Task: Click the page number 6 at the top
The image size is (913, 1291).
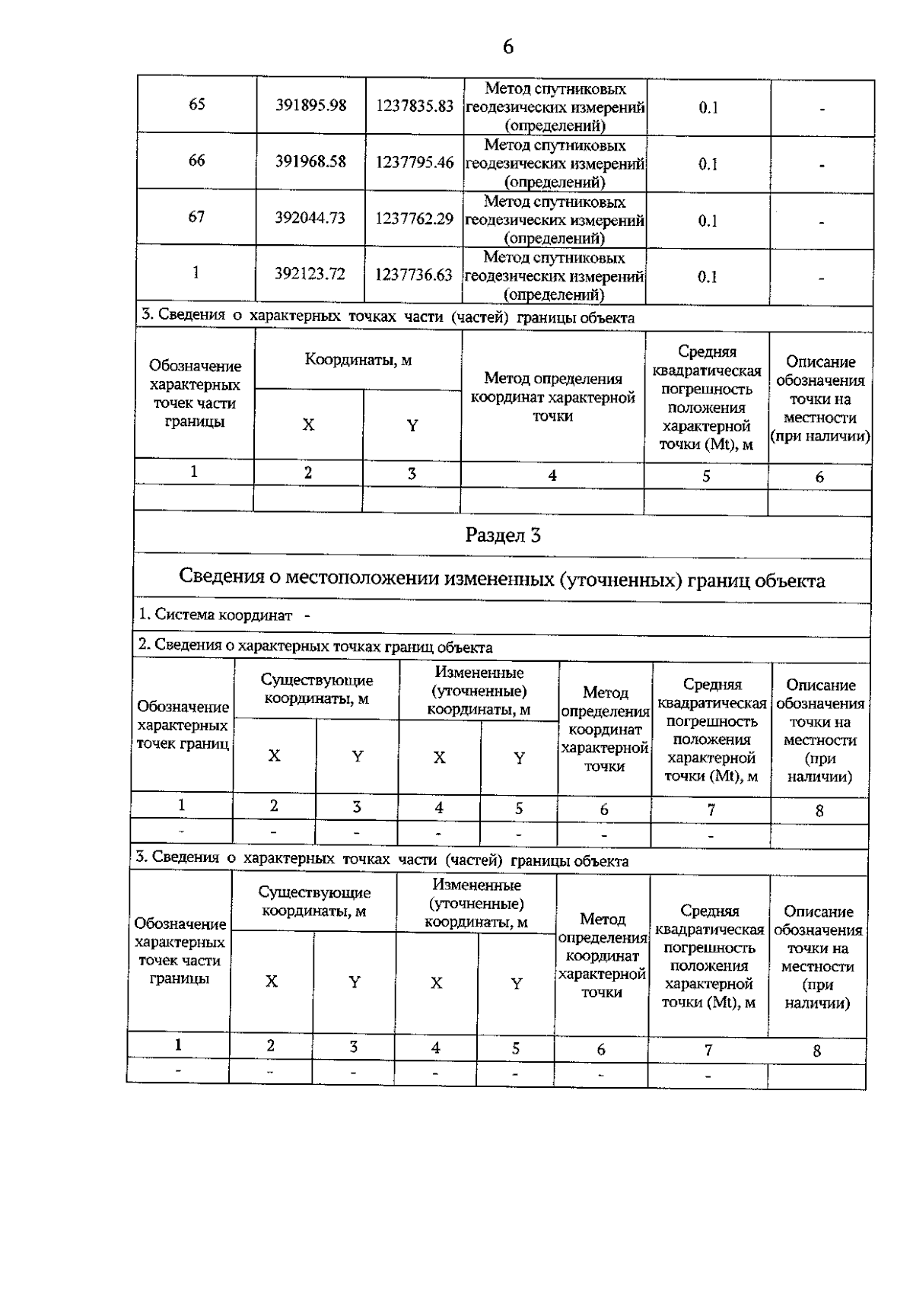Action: coord(507,47)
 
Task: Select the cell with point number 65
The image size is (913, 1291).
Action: coord(196,104)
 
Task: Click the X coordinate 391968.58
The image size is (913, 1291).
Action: coord(310,161)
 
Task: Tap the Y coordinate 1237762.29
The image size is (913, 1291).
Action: coord(415,218)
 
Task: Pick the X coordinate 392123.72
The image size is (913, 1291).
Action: coord(310,274)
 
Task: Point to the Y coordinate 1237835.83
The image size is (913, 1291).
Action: coord(415,106)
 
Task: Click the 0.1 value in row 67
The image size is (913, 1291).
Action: coord(708,221)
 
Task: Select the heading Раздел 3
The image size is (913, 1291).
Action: coord(502,536)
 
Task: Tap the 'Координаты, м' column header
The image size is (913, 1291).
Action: coord(358,360)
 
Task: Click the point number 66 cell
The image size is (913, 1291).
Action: coord(196,161)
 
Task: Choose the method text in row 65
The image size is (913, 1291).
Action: coord(555,107)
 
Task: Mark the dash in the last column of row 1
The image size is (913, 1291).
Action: coord(822,278)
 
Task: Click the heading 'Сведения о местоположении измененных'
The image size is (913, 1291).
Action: coord(501,580)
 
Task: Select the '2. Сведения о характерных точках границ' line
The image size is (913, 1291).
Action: coord(314,647)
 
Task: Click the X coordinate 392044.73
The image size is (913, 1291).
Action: coord(310,218)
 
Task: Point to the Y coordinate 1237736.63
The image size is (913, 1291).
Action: coord(414,275)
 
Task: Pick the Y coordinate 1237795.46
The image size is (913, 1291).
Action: coord(415,162)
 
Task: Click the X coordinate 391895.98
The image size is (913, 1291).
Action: coord(310,105)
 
